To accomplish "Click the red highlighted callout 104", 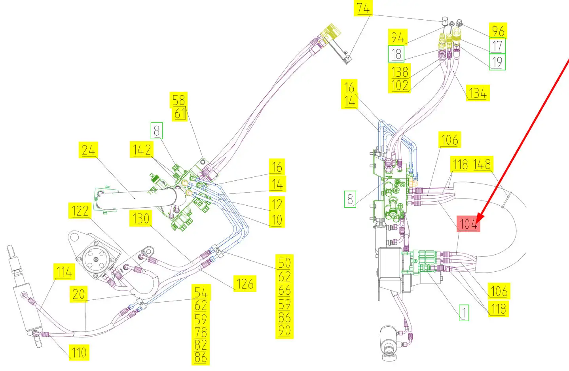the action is [468, 224].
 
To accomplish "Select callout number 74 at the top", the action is [363, 8].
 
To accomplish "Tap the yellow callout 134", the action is [478, 93].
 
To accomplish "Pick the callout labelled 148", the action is [482, 164].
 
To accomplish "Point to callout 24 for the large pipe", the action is [89, 150].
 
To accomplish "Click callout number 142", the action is [142, 150].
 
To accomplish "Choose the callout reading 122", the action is [80, 211].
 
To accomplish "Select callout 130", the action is [141, 218].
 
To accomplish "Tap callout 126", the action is [245, 284].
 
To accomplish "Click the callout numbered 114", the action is [64, 272].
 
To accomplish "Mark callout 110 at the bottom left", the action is [79, 352].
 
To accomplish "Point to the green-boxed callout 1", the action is [464, 312].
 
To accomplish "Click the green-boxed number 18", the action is [396, 54].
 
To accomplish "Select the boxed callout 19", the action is [497, 62].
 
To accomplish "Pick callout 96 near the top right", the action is [498, 31].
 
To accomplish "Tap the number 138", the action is [400, 72].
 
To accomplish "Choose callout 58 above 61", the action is [178, 100].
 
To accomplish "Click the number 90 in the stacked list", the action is [284, 331].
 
